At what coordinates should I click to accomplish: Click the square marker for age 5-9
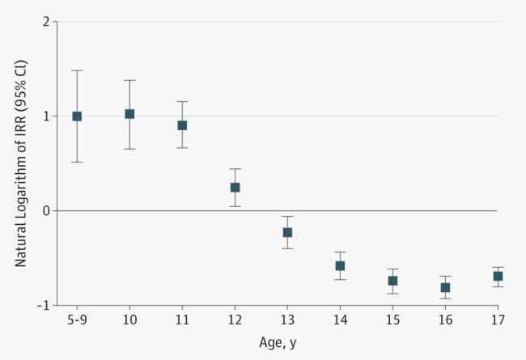77,116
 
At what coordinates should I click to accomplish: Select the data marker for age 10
129,114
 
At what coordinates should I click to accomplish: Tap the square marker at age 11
182,125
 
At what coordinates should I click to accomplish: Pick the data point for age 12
235,187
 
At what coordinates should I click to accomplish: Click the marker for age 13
287,232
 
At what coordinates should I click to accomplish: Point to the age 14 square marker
340,265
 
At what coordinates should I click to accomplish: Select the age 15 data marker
392,281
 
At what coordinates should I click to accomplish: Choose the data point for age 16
445,287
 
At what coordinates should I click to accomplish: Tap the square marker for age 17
498,276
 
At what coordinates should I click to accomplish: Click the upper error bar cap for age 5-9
77,70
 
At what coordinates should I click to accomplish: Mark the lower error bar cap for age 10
129,149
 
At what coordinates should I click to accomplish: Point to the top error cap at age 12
235,168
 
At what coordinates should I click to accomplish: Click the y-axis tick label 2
46,22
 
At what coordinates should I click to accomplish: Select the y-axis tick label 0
46,210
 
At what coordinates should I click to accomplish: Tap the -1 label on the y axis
44,305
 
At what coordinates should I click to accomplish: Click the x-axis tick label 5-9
77,321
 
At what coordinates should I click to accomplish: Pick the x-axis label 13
287,321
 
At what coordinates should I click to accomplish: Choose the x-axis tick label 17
498,321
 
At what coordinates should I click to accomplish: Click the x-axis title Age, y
278,343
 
